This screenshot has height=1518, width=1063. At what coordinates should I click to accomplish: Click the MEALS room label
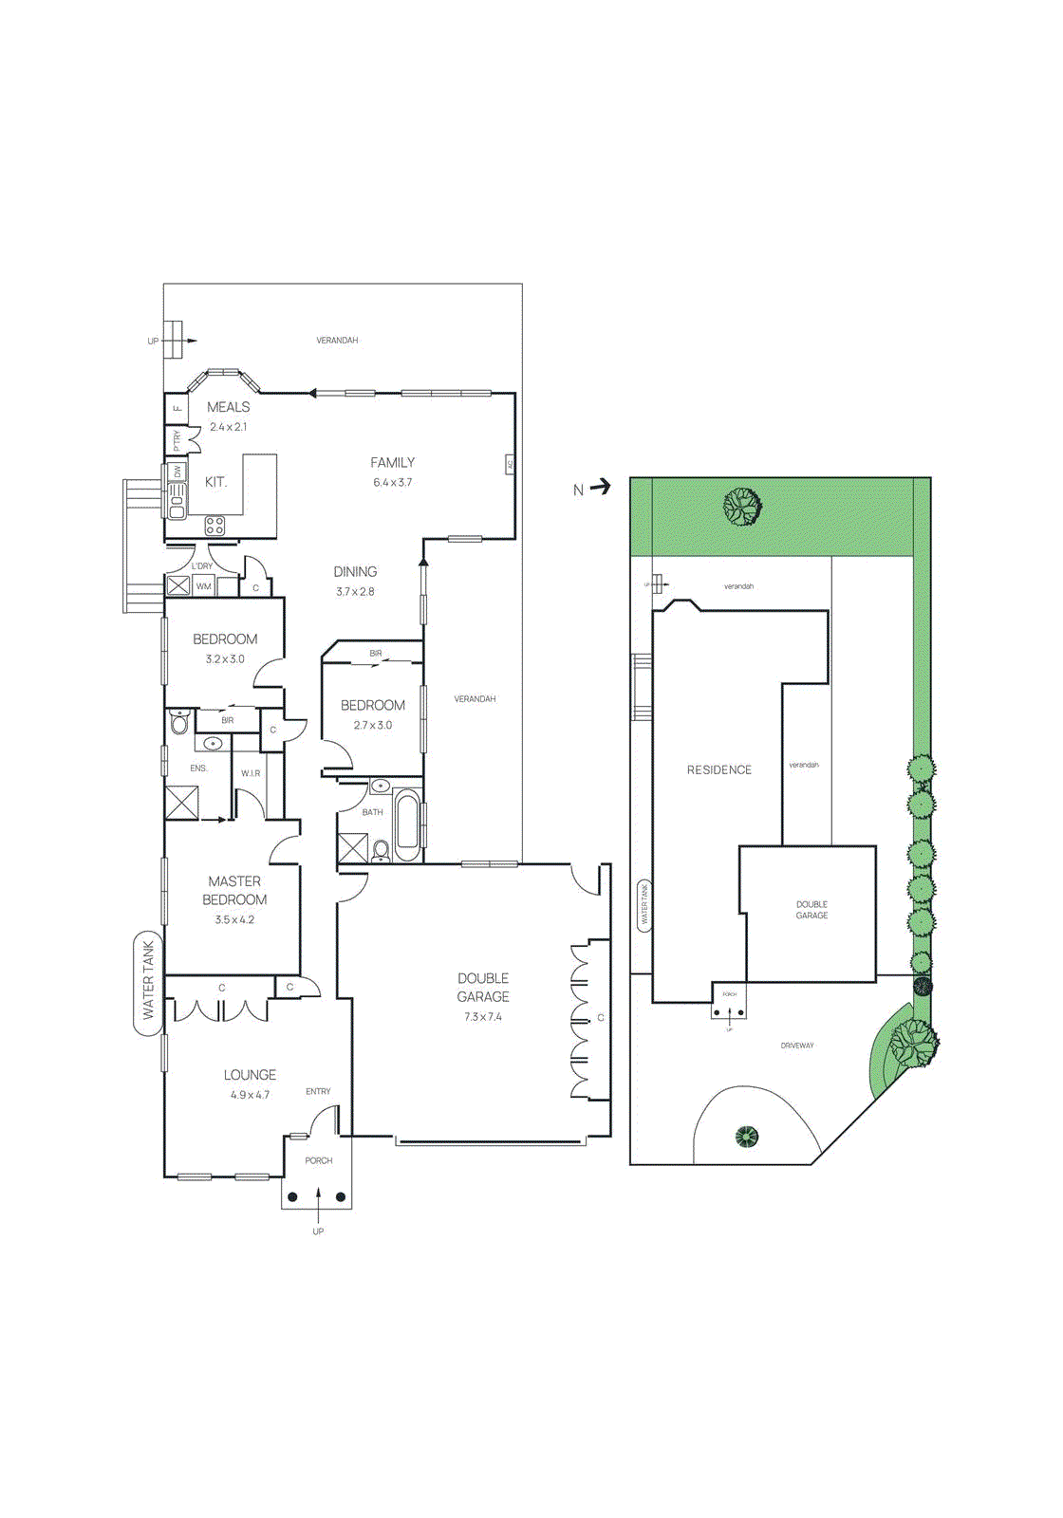228,407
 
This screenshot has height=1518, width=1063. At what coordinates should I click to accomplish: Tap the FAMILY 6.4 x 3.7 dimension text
392,483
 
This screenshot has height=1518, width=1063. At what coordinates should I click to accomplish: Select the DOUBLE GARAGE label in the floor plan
483,987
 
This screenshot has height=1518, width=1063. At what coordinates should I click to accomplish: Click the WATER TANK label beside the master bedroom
148,981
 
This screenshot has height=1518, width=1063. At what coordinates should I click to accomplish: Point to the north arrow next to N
600,488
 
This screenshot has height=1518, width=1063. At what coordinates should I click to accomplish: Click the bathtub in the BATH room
407,824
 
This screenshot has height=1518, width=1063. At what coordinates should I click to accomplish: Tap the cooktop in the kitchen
215,525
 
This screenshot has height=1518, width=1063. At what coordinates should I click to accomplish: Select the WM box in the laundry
203,586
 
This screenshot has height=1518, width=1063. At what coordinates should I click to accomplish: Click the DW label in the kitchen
177,472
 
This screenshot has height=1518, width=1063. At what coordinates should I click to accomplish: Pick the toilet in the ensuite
179,724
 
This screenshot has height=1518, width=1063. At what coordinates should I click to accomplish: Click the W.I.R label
251,773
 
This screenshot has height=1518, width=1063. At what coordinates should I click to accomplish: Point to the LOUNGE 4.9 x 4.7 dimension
250,1095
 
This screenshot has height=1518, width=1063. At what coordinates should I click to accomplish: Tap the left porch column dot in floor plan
292,1196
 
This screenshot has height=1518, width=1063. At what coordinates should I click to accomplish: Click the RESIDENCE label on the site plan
718,769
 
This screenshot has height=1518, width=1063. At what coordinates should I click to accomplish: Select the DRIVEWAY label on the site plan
797,1046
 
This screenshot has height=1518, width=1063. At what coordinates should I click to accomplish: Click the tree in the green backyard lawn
742,507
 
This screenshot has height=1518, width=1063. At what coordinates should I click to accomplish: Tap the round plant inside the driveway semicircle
747,1136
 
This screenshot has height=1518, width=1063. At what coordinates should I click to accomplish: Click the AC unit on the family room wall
510,464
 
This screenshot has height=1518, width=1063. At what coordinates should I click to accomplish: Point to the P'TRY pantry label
177,441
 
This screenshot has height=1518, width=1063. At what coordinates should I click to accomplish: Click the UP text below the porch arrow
318,1231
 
